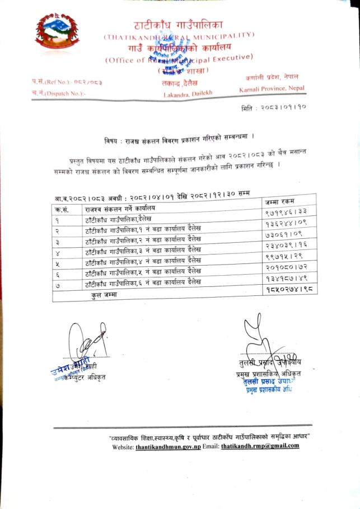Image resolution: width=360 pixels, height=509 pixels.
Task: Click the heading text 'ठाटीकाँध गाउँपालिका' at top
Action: (x=179, y=25)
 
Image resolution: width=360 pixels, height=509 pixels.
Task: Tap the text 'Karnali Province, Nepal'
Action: (x=270, y=89)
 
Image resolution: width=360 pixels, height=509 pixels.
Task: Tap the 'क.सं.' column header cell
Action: (x=62, y=209)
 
